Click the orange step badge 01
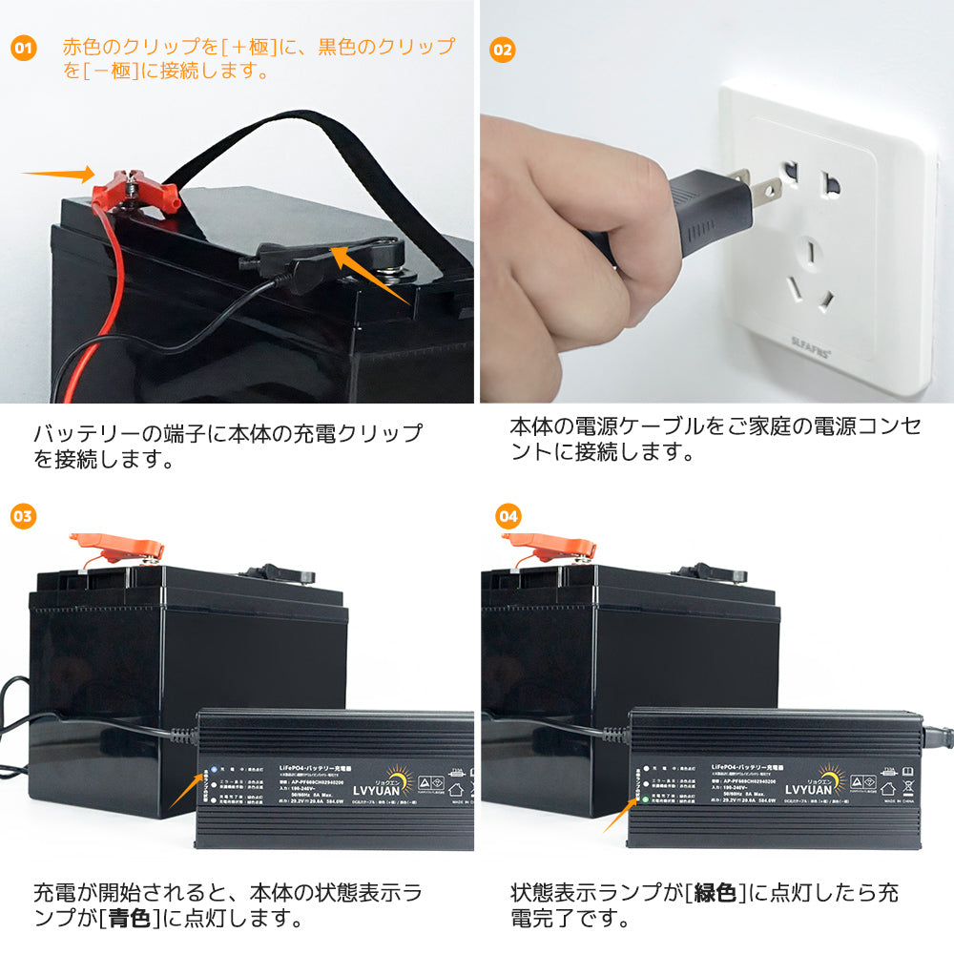point(24,48)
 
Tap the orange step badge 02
point(502,48)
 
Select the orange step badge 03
point(24,516)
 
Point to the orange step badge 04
point(509,516)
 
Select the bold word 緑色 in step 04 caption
point(716,894)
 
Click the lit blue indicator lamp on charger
point(216,768)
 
